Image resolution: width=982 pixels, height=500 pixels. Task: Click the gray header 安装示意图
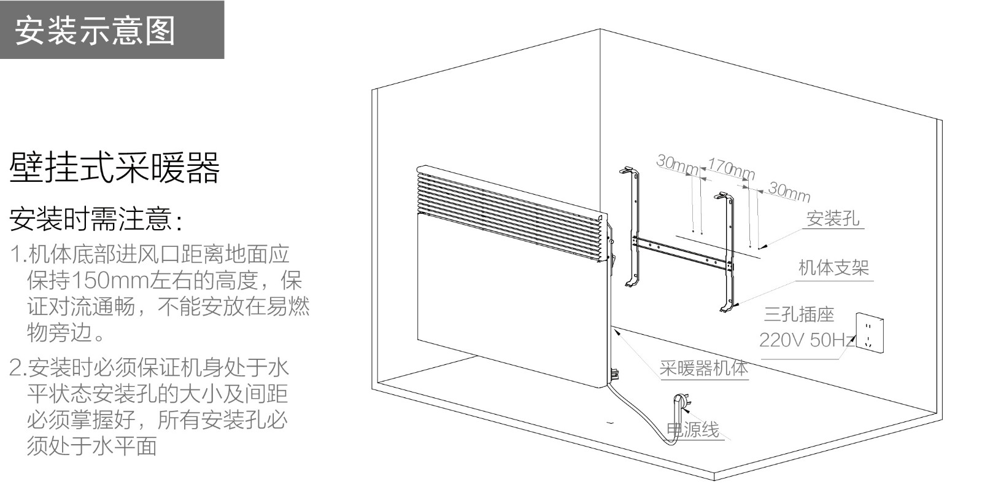95,31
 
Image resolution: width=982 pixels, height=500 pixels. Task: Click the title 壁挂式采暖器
115,168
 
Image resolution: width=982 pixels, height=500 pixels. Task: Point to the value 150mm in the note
110,281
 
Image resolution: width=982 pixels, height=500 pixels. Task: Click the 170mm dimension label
730,168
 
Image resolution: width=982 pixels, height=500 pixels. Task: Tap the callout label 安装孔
832,218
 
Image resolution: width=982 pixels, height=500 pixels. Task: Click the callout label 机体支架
833,267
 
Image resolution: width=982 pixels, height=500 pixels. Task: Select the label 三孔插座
798,314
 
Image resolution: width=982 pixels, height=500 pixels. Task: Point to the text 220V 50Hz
806,340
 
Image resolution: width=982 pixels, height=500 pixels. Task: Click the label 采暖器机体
703,368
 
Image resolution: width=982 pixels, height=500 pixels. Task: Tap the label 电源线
694,429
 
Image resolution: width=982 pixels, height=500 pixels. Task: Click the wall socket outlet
870,334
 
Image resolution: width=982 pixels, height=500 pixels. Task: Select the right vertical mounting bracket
729,252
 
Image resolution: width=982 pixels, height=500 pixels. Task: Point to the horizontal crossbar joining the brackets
681,251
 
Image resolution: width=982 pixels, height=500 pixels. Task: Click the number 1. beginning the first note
17,254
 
